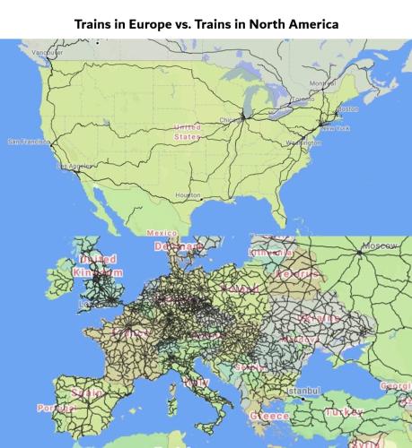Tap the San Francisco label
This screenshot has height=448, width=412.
coord(28,142)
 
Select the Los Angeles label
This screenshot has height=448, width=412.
coord(75,166)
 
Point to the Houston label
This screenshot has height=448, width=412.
coord(188,194)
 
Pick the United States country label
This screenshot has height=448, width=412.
coord(187,133)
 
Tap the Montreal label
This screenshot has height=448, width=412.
coord(320,83)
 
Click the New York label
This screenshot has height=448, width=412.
coord(336,128)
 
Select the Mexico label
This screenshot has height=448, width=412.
coord(162,233)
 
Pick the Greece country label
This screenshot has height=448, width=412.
coord(269,418)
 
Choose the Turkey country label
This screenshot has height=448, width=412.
coord(344,411)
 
